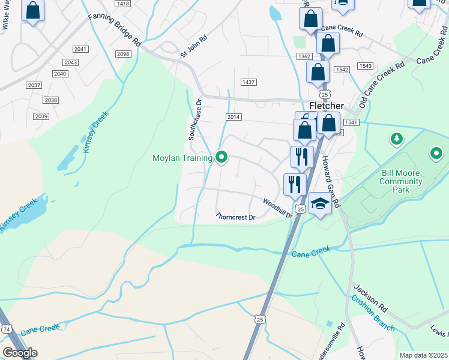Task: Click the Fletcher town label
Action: click(326, 105)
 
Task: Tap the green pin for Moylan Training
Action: click(221, 158)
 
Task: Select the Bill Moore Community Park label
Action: click(401, 181)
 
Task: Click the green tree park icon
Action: click(396, 140)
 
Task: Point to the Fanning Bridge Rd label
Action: click(115, 31)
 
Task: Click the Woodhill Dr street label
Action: click(277, 208)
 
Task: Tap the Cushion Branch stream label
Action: click(373, 313)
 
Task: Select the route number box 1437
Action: click(248, 82)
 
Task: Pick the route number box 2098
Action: click(122, 54)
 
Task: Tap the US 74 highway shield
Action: click(7, 329)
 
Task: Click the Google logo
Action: click(20, 353)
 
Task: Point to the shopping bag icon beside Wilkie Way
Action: click(32, 11)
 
